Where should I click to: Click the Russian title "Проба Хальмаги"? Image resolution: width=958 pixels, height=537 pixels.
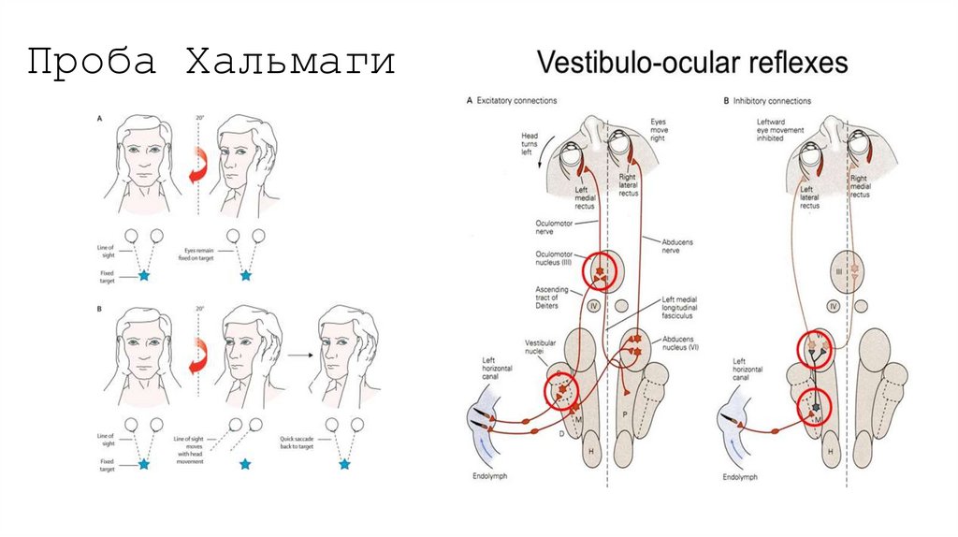210,64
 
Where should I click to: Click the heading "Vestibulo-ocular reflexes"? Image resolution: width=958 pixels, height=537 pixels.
691,63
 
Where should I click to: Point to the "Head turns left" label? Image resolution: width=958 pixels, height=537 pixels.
530,145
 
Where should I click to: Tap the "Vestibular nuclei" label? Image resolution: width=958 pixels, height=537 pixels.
542,348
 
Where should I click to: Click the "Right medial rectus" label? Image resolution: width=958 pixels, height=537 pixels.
860,183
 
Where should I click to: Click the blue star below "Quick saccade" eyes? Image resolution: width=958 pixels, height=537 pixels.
344,463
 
